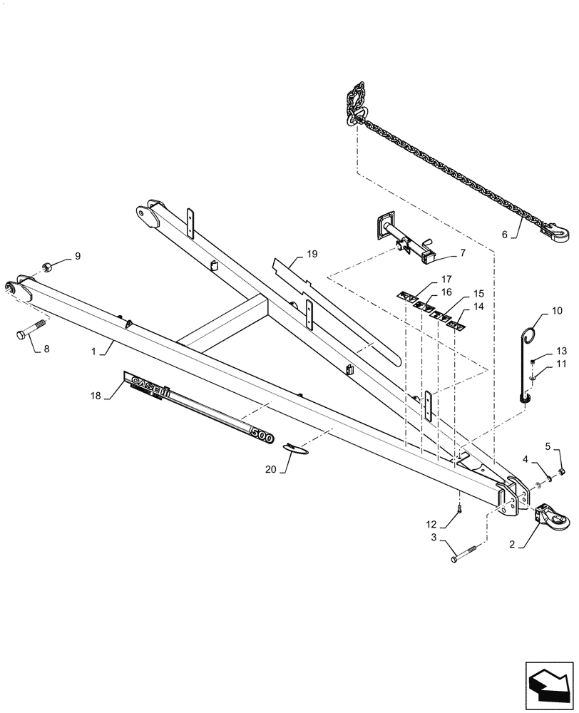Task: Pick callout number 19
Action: pyautogui.click(x=293, y=255)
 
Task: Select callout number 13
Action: pyautogui.click(x=560, y=351)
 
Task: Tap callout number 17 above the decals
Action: pyautogui.click(x=446, y=279)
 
